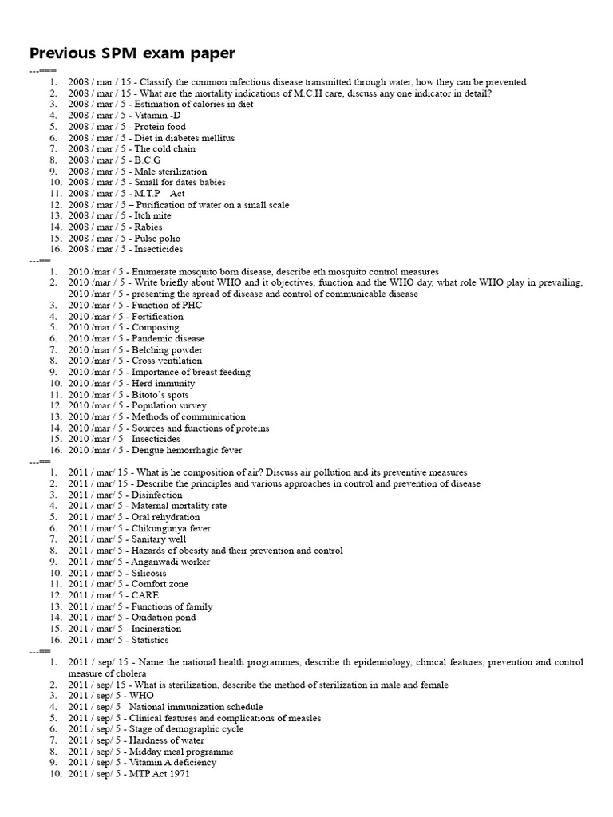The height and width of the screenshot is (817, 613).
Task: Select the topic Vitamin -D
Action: tap(156, 116)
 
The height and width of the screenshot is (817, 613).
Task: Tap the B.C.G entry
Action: tap(148, 160)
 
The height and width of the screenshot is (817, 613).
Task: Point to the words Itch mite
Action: tap(152, 216)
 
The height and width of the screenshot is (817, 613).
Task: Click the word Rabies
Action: tap(148, 227)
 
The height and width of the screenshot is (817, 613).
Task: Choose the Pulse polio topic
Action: tap(157, 239)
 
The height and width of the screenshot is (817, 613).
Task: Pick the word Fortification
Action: tap(157, 317)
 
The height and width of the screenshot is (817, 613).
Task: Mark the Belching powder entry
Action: tap(167, 350)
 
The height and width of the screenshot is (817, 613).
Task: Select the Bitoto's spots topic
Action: tap(160, 395)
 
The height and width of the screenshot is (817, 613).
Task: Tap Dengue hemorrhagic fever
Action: tap(187, 451)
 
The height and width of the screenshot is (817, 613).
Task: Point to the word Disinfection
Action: tap(157, 495)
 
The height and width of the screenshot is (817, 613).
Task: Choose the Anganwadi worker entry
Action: tap(171, 562)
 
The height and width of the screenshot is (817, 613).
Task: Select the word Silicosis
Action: tap(149, 574)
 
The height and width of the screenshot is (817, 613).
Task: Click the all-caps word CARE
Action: tap(145, 595)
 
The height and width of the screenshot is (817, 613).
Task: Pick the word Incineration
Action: tap(156, 629)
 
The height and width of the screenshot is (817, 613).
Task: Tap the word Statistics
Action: tap(150, 640)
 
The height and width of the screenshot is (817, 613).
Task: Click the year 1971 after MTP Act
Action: tap(180, 774)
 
